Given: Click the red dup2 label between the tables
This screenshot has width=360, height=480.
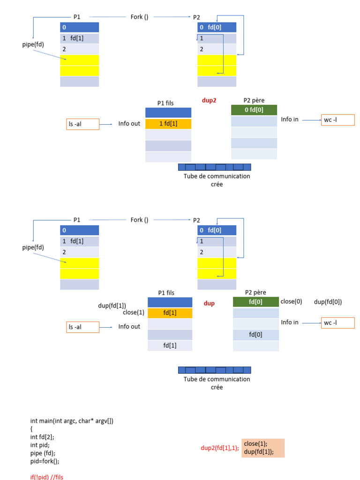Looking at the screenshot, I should [209, 100].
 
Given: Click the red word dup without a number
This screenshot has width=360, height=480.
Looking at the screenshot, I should [209, 303].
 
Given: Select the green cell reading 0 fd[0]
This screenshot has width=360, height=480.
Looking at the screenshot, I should [255, 110].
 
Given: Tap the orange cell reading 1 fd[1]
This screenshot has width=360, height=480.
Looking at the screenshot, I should [168, 124].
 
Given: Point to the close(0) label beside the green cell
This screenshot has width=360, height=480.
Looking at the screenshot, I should [292, 301].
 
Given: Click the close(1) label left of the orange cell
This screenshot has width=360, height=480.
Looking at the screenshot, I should [134, 313].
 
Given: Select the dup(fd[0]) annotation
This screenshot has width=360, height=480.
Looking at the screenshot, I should [328, 302].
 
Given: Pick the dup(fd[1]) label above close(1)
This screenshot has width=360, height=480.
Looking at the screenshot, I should [112, 306].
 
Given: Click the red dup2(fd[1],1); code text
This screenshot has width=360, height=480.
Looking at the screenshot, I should [220, 448].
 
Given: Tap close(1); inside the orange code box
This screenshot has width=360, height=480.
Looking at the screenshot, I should [255, 443].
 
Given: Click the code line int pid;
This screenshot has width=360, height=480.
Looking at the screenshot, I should [40, 445].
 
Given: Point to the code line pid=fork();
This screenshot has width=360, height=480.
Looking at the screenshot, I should [45, 461].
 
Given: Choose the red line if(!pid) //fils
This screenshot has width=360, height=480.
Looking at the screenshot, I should [46, 477].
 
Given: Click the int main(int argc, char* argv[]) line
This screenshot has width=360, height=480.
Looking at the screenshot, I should [72, 421].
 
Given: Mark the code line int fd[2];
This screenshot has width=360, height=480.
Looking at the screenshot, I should [42, 437].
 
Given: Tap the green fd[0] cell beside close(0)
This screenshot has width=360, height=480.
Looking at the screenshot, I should [255, 302].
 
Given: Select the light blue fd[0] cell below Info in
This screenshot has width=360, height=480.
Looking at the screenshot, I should [255, 335].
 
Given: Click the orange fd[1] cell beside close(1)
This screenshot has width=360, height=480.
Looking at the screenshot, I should [170, 313].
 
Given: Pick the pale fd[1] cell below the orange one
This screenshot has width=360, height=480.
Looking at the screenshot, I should [170, 345].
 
